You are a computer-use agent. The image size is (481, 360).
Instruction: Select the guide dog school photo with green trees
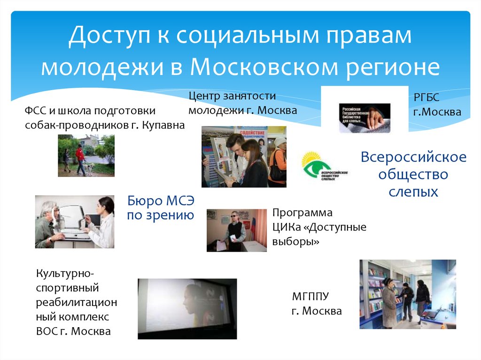[x=86, y=155]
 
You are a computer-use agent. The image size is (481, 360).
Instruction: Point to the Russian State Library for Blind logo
[x=365, y=117]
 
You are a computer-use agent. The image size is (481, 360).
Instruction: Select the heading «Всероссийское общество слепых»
[x=413, y=174]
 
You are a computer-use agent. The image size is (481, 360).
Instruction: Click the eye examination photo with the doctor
[x=74, y=222]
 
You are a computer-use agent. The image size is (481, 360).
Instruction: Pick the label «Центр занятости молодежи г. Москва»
[x=242, y=103]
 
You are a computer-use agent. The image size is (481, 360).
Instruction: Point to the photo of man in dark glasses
[x=237, y=230]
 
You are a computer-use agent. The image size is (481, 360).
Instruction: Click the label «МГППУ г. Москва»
[x=317, y=304]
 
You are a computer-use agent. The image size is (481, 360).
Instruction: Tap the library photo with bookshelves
[x=407, y=294]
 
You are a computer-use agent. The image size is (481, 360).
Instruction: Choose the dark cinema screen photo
[x=187, y=308]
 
